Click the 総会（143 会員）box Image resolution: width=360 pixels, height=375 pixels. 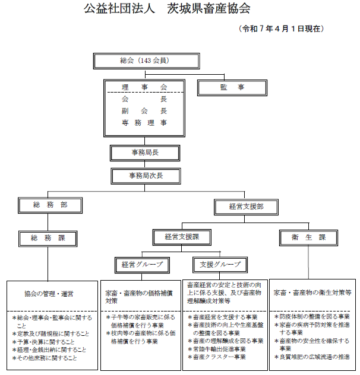coord(146,61)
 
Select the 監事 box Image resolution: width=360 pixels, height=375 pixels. coord(232,88)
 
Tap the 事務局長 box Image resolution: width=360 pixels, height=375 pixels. coord(145,153)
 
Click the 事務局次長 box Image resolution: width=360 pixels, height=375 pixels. coord(146,176)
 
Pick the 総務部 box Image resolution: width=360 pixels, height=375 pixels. coord(50,205)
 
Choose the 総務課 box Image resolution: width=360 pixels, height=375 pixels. coord(48,239)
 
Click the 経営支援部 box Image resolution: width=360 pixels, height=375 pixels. coord(246,207)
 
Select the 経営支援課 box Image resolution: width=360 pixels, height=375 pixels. coord(182,237)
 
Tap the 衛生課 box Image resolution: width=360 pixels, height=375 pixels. coord(308,238)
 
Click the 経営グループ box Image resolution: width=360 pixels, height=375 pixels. coord(142,265)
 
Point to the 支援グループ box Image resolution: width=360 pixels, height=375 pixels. coord(220,265)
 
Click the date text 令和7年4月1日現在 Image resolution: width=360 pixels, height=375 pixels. coord(282,29)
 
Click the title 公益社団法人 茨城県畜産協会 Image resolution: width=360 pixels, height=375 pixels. coord(167,9)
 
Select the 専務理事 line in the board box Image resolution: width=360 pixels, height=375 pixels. coord(144,123)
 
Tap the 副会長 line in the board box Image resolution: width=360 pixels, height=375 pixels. coord(144,111)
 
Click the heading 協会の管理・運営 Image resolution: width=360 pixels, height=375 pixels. coord(49,294)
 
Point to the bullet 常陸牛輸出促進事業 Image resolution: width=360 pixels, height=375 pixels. coord(217,349)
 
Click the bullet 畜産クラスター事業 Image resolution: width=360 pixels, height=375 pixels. coord(217,357)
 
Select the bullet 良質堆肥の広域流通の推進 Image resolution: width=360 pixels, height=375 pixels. coord(312,357)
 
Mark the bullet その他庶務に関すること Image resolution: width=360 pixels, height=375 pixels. coord(45,358)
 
